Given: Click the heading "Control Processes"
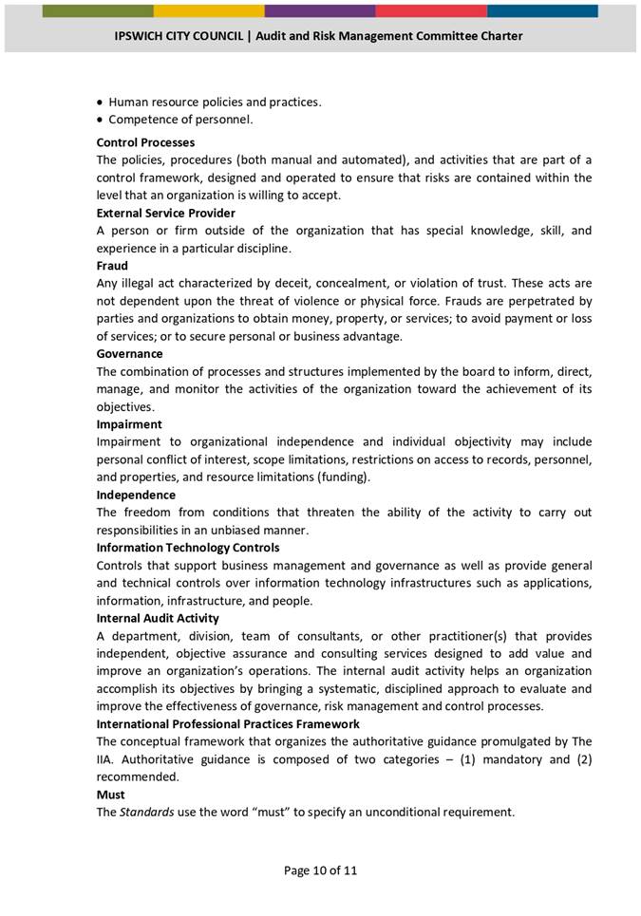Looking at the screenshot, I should [145, 142].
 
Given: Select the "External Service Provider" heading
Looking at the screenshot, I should [165, 213].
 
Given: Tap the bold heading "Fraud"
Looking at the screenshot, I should [112, 266].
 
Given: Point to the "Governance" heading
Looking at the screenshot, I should [129, 354].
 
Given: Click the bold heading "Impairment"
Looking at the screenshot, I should [129, 424].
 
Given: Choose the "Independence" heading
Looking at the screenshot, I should [136, 495].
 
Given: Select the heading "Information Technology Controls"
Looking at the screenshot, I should [188, 548].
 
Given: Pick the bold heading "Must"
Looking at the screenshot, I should [110, 794].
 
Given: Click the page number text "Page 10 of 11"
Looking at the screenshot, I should [320, 870].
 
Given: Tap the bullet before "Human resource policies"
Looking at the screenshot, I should [100, 103].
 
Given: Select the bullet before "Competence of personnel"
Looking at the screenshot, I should [100, 121].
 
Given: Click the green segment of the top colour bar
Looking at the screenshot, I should [98, 10].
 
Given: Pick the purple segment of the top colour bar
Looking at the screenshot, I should [319, 10].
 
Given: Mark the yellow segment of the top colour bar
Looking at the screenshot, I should [209, 10].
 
